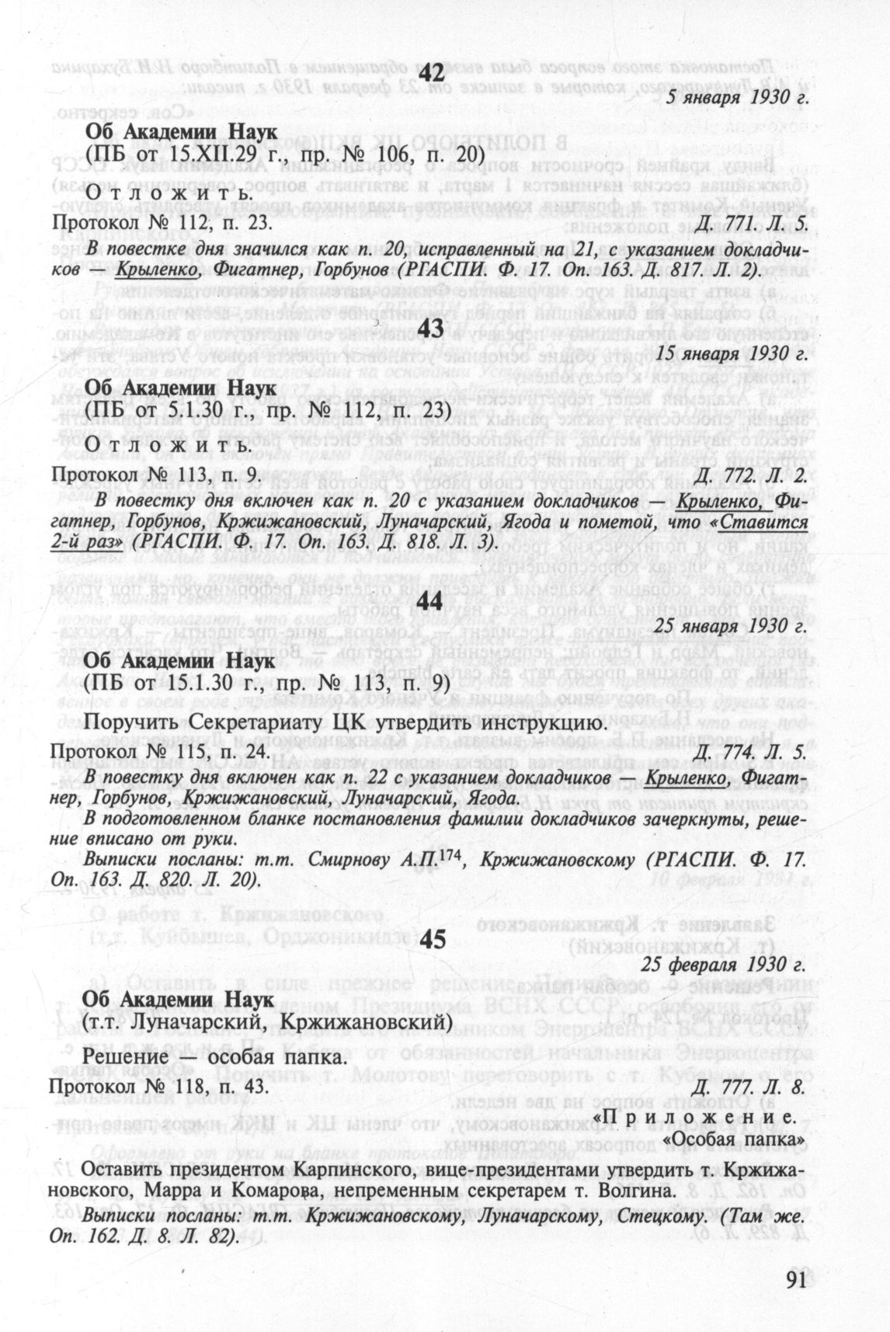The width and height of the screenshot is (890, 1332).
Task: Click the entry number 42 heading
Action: pyautogui.click(x=430, y=73)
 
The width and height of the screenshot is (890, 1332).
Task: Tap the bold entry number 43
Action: pyautogui.click(x=430, y=329)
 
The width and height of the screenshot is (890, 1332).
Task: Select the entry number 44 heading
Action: pyautogui.click(x=430, y=600)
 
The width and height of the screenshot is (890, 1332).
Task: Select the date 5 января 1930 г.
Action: pyautogui.click(x=738, y=99)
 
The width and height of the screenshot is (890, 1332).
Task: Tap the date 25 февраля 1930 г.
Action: pyautogui.click(x=722, y=965)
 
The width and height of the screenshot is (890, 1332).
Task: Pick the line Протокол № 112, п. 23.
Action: pyautogui.click(x=161, y=224)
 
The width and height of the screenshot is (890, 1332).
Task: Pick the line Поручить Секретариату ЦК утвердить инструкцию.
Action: pyautogui.click(x=345, y=723)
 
